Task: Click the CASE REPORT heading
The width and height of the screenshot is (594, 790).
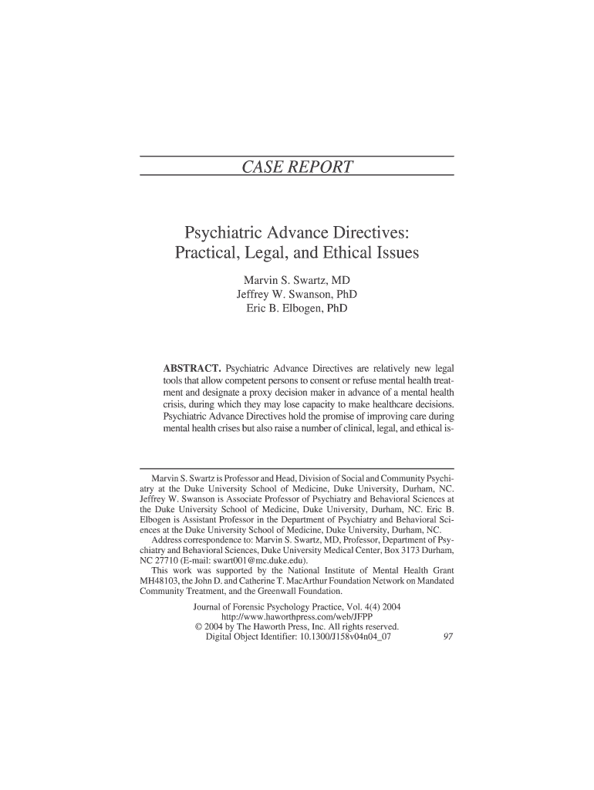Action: pos(297,167)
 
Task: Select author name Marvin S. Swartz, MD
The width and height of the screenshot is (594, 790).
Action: pos(296,279)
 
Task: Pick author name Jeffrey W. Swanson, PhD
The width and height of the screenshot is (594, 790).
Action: pos(296,294)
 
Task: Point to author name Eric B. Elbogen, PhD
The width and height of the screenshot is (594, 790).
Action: pos(296,309)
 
